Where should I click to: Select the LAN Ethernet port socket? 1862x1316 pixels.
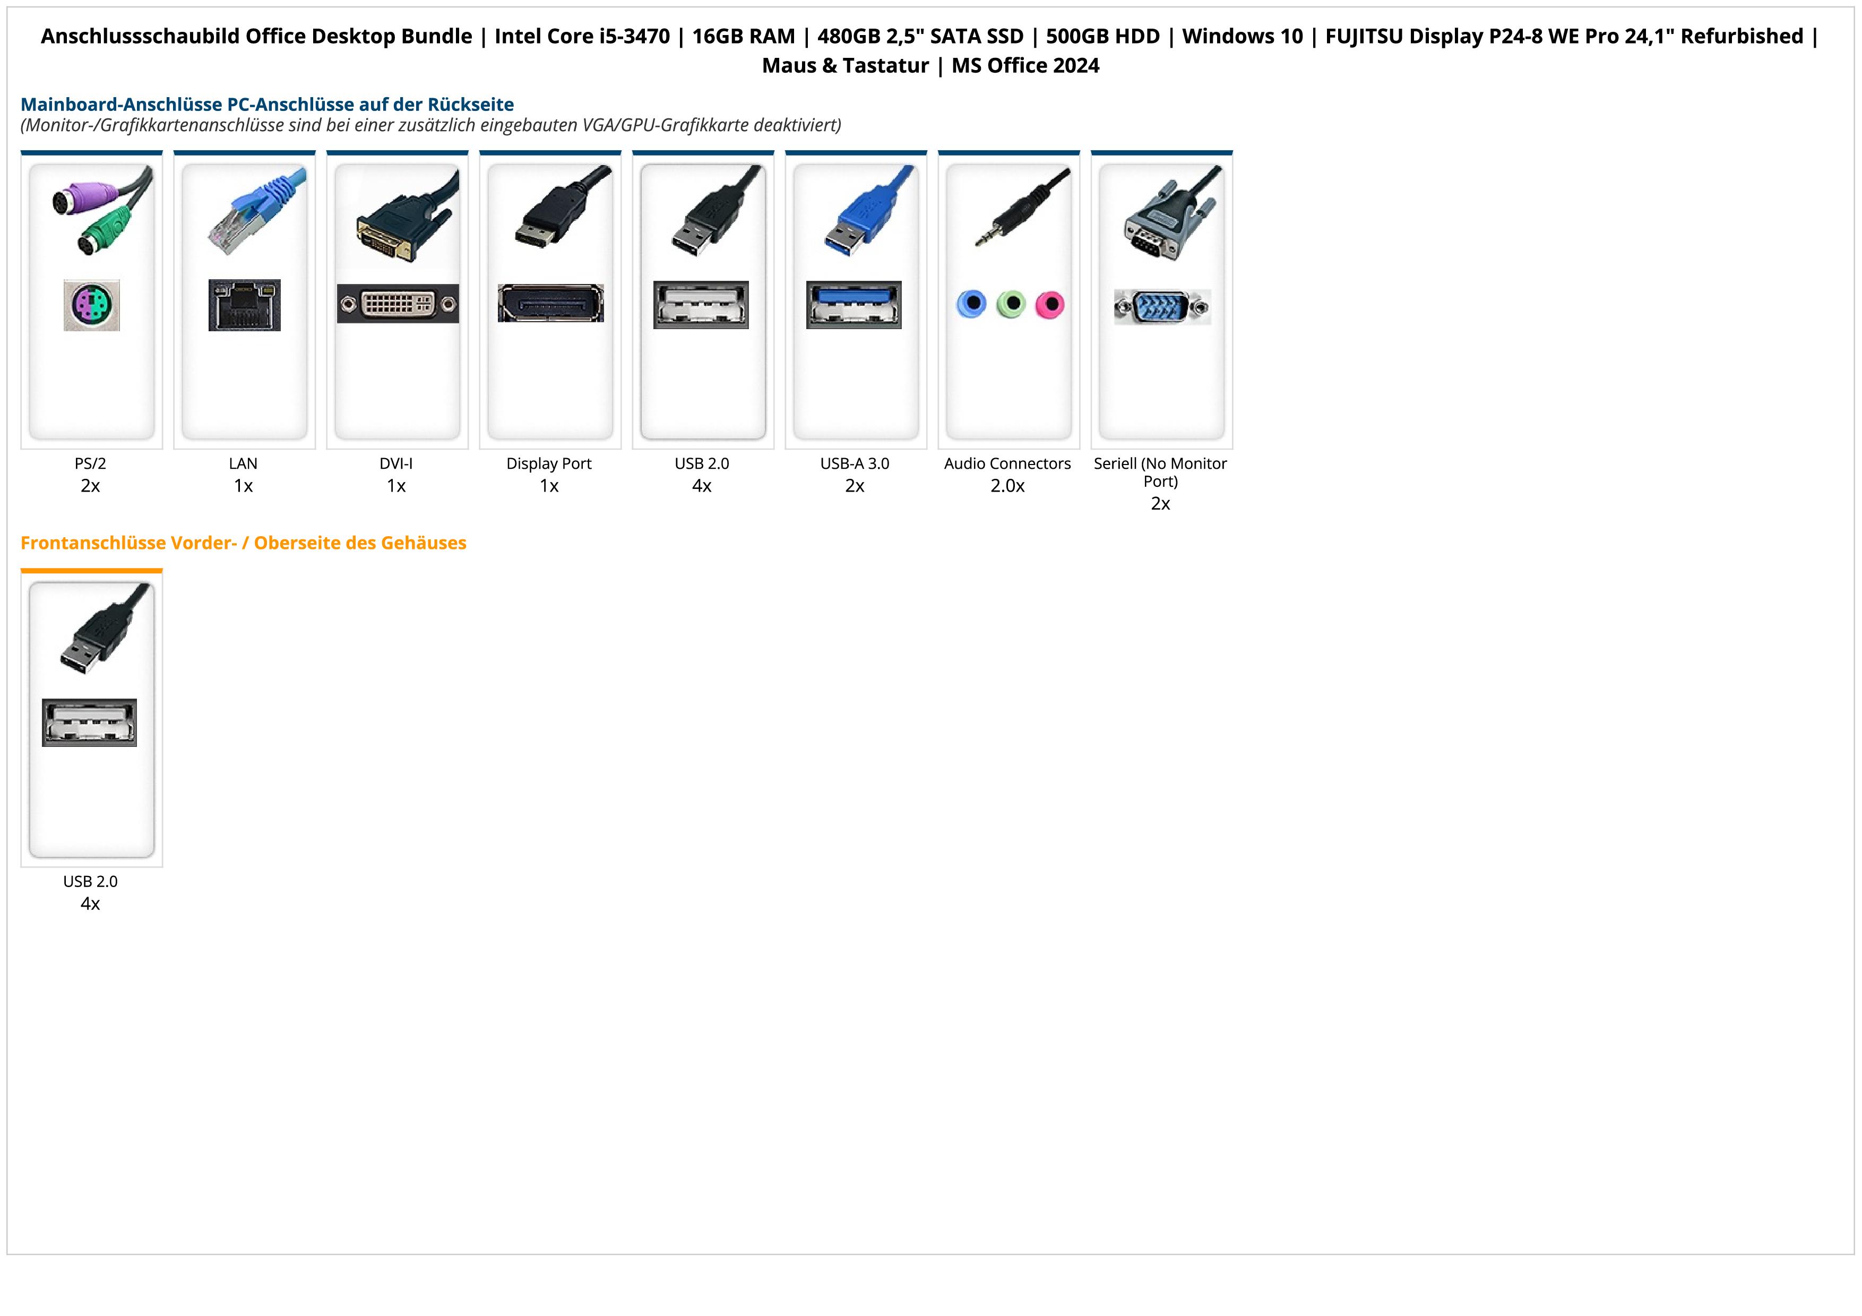tap(244, 305)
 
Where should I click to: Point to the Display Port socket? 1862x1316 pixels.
tap(550, 303)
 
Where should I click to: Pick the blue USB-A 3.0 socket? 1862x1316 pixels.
tap(854, 305)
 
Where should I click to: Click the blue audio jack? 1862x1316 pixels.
tap(971, 304)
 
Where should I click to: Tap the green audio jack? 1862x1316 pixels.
tap(1011, 305)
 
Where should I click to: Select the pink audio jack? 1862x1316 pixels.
tap(1049, 305)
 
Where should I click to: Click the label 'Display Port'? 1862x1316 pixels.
tap(549, 464)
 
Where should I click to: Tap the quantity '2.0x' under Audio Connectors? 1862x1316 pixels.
tap(1007, 486)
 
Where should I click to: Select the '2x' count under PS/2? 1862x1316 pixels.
tap(90, 486)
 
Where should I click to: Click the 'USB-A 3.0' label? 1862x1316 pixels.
tap(855, 464)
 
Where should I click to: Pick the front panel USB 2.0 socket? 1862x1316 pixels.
tap(89, 722)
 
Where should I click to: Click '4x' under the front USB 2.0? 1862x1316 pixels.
tap(90, 904)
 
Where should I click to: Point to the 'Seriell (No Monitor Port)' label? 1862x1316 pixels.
tap(1160, 472)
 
